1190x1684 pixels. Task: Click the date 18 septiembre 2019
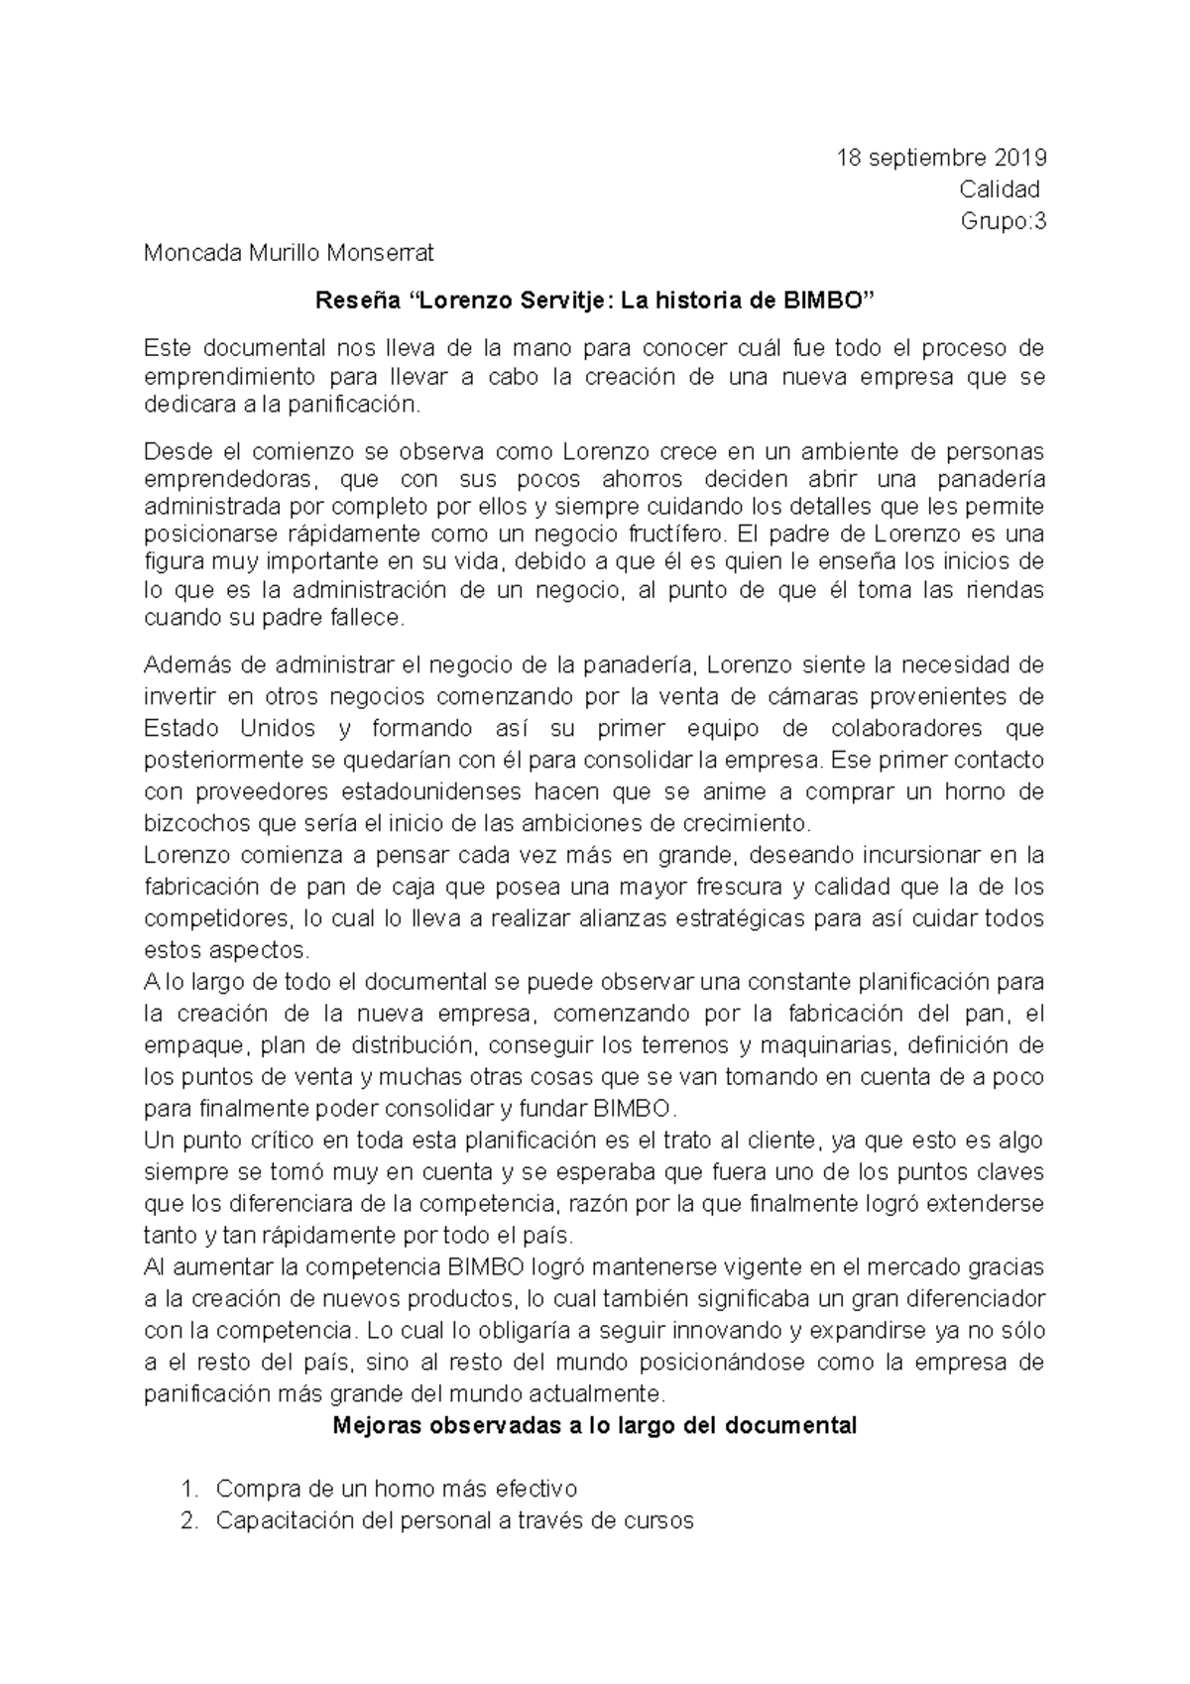pyautogui.click(x=941, y=158)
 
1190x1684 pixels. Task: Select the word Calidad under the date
pyautogui.click(x=1000, y=189)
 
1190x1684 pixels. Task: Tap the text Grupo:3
pyautogui.click(x=1003, y=221)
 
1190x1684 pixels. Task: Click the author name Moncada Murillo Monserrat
pyautogui.click(x=289, y=253)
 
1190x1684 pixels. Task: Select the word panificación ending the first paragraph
pyautogui.click(x=359, y=405)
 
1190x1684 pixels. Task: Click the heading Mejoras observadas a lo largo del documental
pyautogui.click(x=594, y=1426)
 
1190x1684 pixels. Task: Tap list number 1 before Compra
pyautogui.click(x=191, y=1489)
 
